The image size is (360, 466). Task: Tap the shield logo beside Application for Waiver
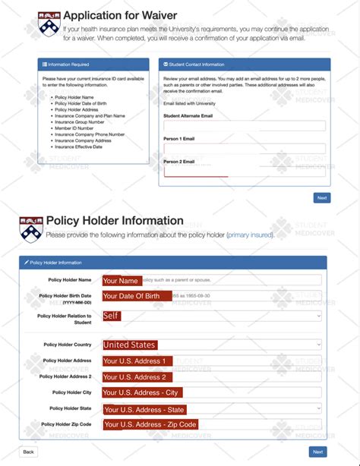coord(48,23)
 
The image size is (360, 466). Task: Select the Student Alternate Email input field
coord(244,126)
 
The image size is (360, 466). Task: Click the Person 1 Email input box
coord(244,149)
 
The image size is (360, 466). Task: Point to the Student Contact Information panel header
coord(245,65)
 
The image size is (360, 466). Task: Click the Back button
coord(28,452)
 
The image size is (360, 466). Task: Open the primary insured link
coord(249,235)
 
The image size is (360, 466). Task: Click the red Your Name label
coord(122,280)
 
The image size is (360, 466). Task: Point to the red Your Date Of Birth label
coord(131,296)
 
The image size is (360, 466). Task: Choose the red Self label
coord(112,315)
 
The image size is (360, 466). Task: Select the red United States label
coord(130,345)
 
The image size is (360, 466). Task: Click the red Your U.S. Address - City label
coord(141,392)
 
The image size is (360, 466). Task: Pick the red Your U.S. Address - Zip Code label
coord(150,424)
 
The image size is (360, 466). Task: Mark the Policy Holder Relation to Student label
coord(65,318)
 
